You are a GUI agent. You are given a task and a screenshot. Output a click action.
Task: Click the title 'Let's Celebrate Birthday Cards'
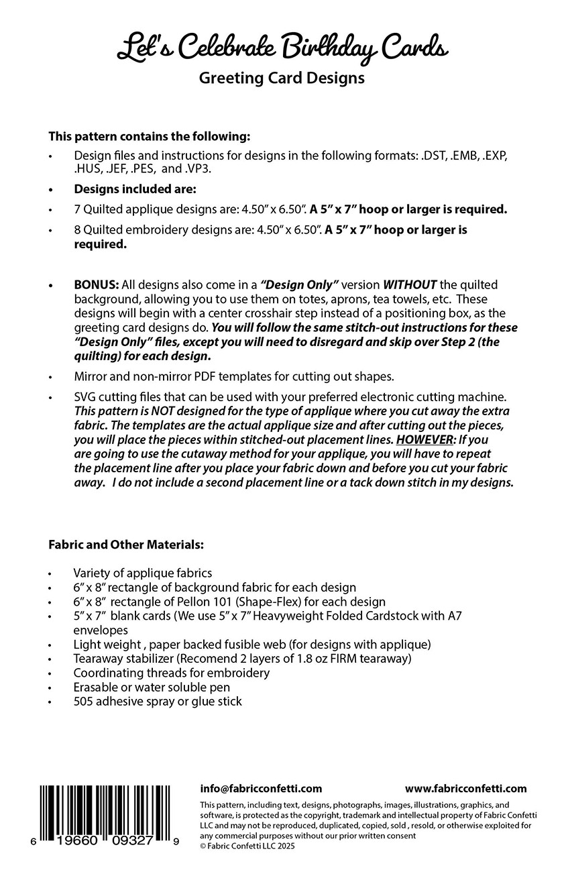tap(282, 48)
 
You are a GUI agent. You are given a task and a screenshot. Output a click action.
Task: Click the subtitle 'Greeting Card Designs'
tap(282, 78)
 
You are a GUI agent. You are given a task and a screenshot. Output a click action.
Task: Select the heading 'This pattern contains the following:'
tap(149, 136)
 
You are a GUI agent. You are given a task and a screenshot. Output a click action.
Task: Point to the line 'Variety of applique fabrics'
tap(142, 573)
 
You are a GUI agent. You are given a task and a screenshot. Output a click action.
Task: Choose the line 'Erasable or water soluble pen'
tap(152, 687)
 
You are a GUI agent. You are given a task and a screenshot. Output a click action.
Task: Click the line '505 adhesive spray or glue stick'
tap(158, 702)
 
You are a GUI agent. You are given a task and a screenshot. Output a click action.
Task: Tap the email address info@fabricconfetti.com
tap(261, 789)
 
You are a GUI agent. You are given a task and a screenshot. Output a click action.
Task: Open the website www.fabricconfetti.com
tap(466, 789)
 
